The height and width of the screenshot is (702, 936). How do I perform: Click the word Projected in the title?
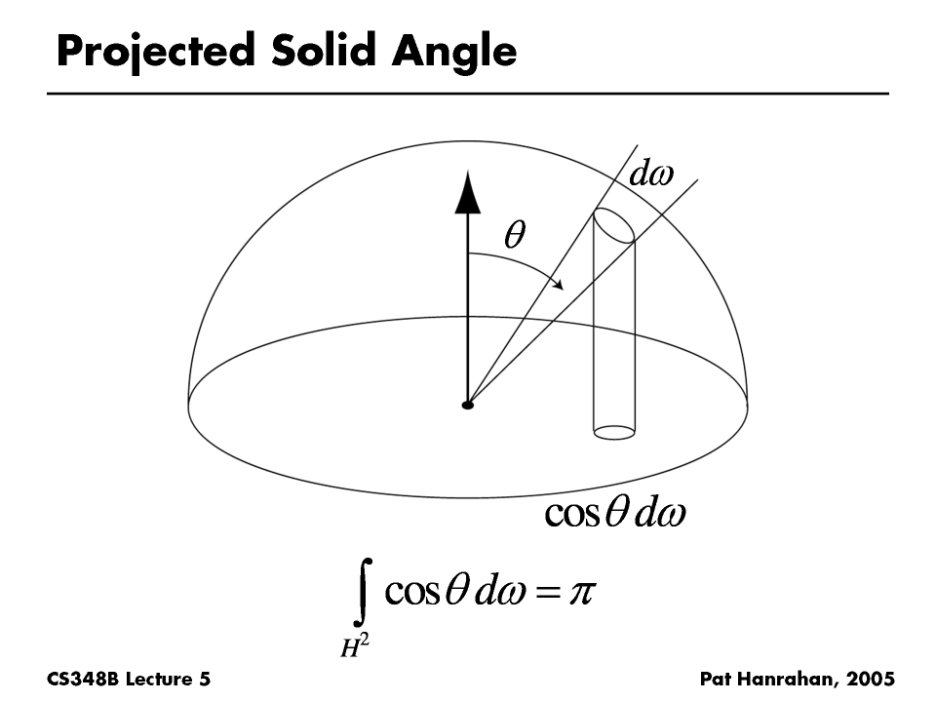(156, 52)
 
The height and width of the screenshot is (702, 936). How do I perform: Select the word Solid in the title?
(324, 50)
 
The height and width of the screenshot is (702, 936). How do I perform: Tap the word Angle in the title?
(454, 53)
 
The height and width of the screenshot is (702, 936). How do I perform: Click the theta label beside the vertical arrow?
(515, 234)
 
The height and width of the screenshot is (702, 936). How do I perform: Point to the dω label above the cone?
(651, 174)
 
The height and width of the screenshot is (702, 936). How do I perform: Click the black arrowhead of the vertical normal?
(467, 192)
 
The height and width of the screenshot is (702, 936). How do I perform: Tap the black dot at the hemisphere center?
(467, 406)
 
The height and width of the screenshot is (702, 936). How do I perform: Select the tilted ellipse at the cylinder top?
(613, 225)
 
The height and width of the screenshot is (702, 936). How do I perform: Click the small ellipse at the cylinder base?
(614, 432)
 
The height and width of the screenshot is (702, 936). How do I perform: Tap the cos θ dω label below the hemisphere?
(615, 512)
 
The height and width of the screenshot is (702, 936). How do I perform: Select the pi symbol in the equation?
(582, 593)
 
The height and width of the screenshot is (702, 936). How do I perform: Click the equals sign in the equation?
(548, 593)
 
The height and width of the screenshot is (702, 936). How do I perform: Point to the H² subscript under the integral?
(355, 645)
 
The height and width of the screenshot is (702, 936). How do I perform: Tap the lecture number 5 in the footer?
(205, 680)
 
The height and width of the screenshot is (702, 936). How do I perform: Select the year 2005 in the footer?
(871, 680)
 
